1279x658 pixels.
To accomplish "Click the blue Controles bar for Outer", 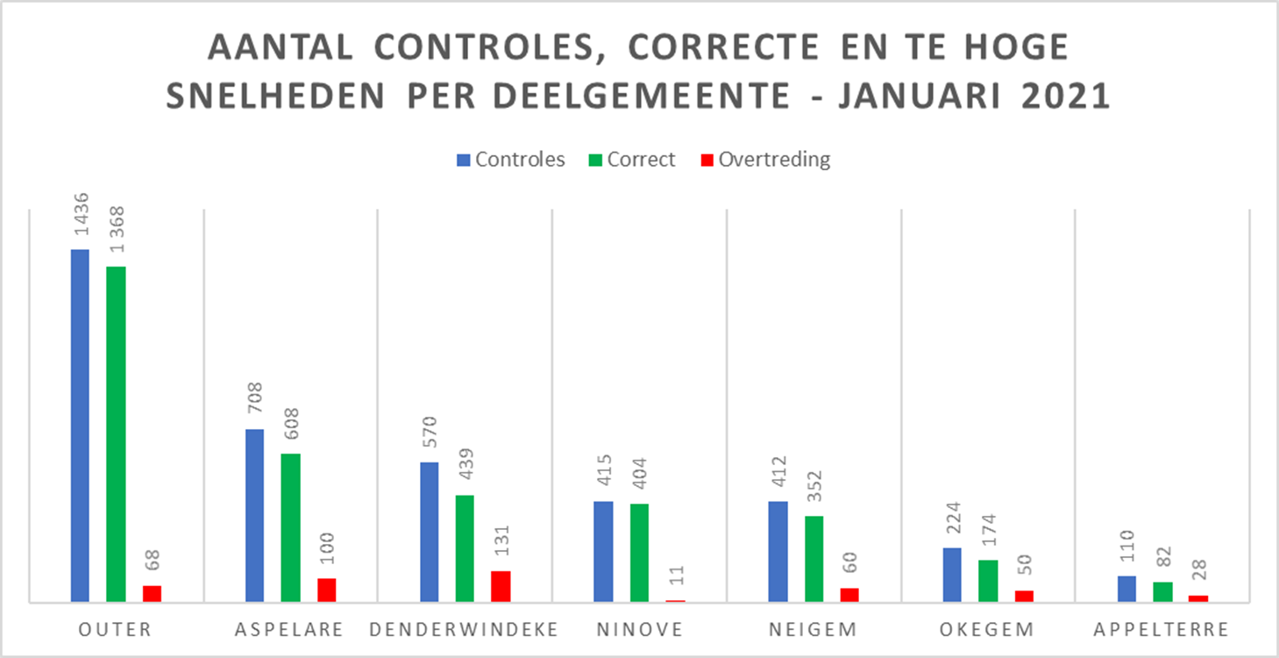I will pyautogui.click(x=80, y=426).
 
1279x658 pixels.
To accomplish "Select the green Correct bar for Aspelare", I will pyautogui.click(x=290, y=527).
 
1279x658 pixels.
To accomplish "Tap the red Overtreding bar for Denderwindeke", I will pyautogui.click(x=501, y=586).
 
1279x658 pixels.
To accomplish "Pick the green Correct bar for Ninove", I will pyautogui.click(x=639, y=553).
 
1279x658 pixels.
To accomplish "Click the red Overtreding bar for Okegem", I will pyautogui.click(x=1024, y=596).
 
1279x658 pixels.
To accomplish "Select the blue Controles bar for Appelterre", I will pyautogui.click(x=1126, y=589).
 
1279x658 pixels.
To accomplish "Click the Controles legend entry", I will pyautogui.click(x=510, y=160).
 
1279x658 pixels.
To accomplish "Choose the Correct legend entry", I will pyautogui.click(x=632, y=160).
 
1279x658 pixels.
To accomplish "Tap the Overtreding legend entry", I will pyautogui.click(x=764, y=160).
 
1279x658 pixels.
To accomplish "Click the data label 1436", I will pyautogui.click(x=80, y=220).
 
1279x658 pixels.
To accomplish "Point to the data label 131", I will pyautogui.click(x=501, y=542).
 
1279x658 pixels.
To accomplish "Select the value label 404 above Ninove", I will pyautogui.click(x=639, y=476).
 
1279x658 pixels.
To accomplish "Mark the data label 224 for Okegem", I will pyautogui.click(x=952, y=519).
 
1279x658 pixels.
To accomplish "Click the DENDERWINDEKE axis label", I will pyautogui.click(x=465, y=629).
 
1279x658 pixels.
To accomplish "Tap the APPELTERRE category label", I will pyautogui.click(x=1162, y=629).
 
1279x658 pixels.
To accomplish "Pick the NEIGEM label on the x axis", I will pyautogui.click(x=813, y=629).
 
